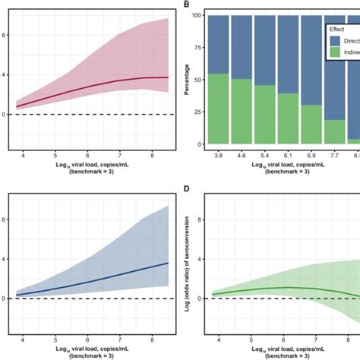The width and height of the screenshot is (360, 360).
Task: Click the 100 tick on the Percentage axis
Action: click(198, 15)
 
